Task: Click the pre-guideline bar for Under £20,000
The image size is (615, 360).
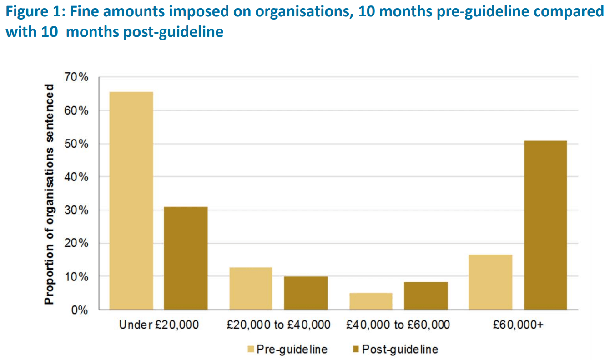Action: (x=131, y=200)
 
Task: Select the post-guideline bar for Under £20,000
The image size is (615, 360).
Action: (x=186, y=258)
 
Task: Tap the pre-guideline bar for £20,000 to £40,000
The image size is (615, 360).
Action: (x=251, y=288)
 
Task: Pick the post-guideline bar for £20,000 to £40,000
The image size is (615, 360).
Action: (x=306, y=293)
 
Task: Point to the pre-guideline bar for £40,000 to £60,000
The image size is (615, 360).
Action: (x=371, y=301)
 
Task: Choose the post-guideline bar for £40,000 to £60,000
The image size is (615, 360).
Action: (x=426, y=295)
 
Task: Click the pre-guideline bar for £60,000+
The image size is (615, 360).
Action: (x=491, y=282)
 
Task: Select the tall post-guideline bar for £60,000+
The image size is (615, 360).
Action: (x=545, y=225)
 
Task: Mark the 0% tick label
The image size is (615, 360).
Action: (x=80, y=310)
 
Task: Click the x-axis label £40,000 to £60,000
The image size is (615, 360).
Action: (x=398, y=325)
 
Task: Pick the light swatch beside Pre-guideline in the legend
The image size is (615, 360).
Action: (x=251, y=349)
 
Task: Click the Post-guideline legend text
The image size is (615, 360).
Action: (x=400, y=349)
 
